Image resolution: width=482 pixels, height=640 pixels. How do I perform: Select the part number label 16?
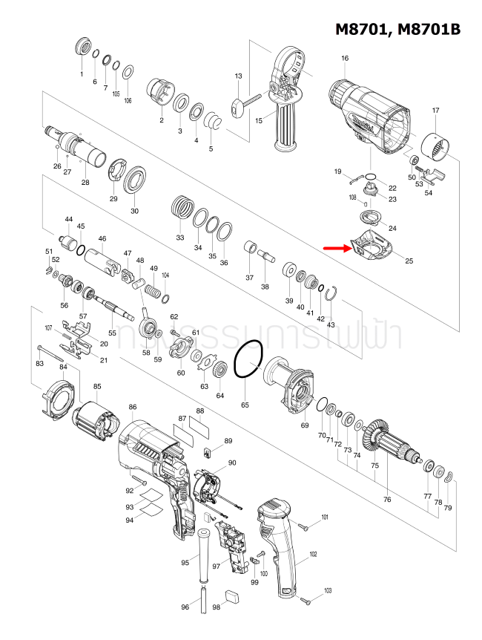tap(345, 59)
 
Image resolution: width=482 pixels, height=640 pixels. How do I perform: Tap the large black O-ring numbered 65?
tap(248, 360)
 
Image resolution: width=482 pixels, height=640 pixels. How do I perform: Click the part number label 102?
tap(313, 554)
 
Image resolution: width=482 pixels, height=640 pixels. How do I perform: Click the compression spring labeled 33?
tap(181, 205)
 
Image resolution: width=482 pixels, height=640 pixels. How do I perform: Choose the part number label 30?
tap(135, 211)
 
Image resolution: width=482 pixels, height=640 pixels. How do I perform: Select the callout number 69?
tap(304, 425)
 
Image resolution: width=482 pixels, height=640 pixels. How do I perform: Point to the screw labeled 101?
tap(304, 526)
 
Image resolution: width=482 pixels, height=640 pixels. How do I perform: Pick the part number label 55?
tap(113, 333)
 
